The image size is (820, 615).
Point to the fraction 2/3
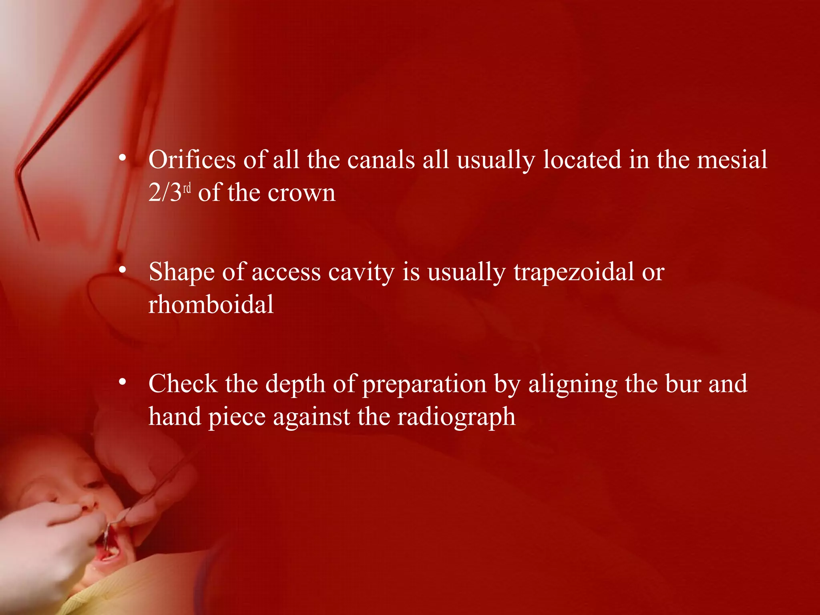pos(165,193)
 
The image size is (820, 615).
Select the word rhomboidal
pos(211,304)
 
